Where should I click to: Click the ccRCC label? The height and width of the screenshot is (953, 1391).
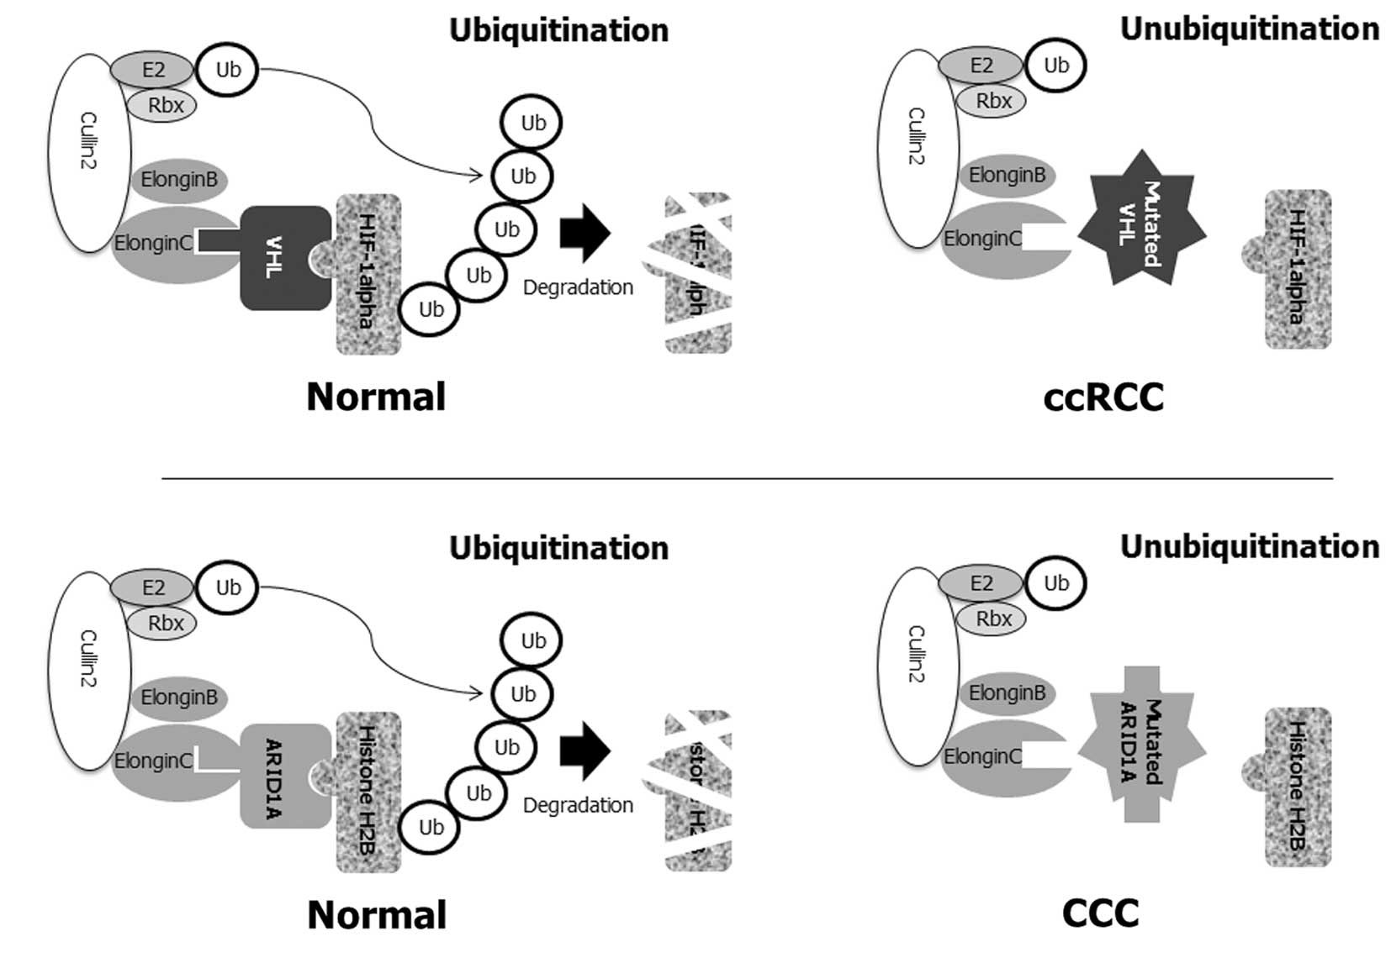(x=1103, y=397)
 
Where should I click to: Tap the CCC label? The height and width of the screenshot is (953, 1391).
(x=1100, y=914)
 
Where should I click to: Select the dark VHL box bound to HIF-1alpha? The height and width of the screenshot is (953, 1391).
(x=282, y=258)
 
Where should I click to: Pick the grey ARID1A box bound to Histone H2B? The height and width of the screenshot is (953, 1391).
(x=282, y=776)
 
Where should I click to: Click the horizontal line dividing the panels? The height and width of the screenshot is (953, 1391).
(x=747, y=478)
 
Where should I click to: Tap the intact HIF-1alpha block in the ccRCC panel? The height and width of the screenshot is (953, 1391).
(x=1297, y=269)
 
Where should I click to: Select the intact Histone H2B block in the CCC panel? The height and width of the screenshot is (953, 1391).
(x=1297, y=787)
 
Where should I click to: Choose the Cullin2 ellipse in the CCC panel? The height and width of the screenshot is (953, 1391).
(x=918, y=666)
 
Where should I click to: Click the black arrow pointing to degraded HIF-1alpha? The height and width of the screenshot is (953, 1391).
(x=584, y=232)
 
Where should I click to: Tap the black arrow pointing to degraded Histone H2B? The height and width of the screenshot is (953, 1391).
(x=584, y=750)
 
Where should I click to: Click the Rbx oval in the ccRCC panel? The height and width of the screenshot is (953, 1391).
(x=993, y=101)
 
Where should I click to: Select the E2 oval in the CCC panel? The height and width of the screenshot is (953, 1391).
(x=980, y=583)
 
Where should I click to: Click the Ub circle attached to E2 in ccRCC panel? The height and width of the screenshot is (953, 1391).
(x=1055, y=66)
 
